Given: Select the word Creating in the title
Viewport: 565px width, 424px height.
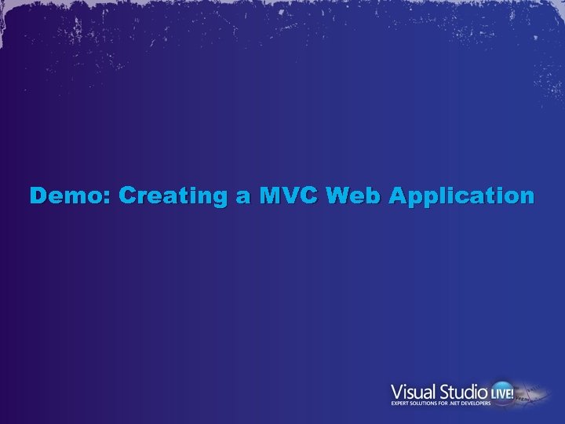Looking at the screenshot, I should point(173,196).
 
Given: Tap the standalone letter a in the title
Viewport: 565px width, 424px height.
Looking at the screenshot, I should point(243,196).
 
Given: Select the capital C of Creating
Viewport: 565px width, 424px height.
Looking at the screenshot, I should point(129,196).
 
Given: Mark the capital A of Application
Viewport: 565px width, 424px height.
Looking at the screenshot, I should point(399,196).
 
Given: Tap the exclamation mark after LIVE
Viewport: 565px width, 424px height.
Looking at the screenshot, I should point(512,391).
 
